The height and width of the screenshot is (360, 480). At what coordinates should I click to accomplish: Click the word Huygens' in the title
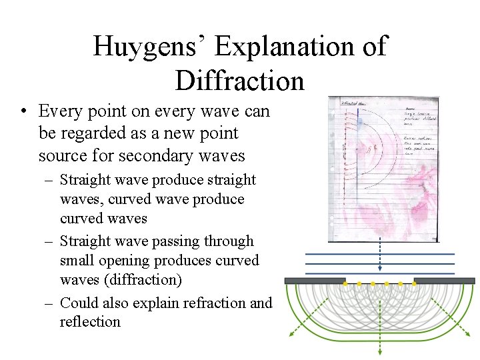pyautogui.click(x=149, y=47)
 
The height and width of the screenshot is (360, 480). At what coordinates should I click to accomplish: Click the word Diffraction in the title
pyautogui.click(x=239, y=81)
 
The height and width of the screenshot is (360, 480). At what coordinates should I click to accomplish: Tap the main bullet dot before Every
pyautogui.click(x=23, y=111)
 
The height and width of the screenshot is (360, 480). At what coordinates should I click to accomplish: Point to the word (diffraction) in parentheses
pyautogui.click(x=137, y=279)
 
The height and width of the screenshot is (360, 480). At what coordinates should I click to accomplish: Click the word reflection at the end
pyautogui.click(x=90, y=321)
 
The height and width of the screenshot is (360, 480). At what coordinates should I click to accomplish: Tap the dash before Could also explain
pyautogui.click(x=49, y=303)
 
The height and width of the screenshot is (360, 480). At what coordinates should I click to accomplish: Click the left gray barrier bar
pyautogui.click(x=315, y=281)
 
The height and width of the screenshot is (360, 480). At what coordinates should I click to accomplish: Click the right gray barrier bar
pyautogui.click(x=444, y=281)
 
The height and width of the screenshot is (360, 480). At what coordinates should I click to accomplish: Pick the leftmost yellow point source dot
pyautogui.click(x=345, y=284)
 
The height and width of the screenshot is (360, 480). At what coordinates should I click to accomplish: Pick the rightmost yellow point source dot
pyautogui.click(x=413, y=284)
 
